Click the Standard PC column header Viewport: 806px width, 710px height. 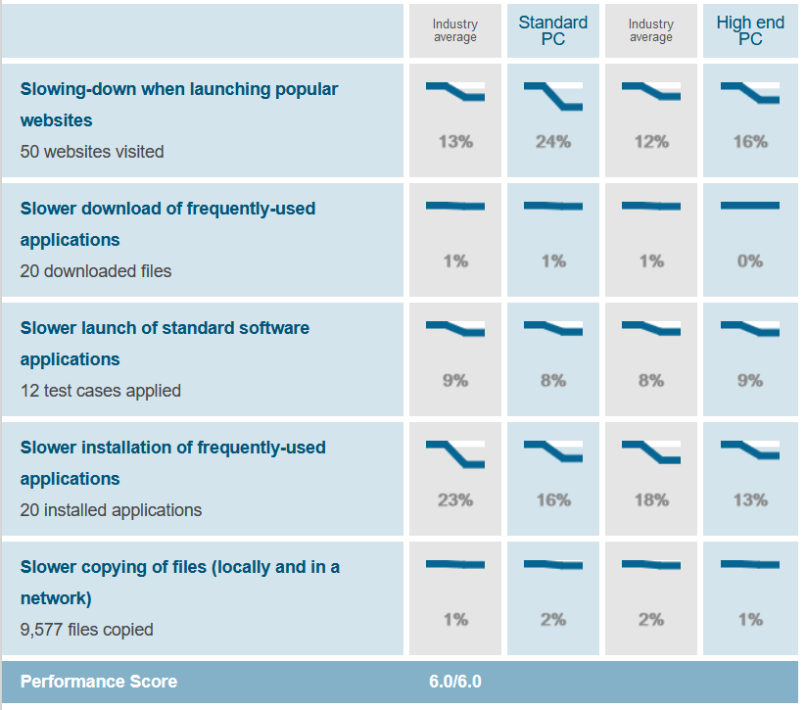(553, 30)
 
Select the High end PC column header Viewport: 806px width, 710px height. (749, 30)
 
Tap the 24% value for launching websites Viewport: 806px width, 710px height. (553, 142)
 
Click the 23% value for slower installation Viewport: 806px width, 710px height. (455, 500)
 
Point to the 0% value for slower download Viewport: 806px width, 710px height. (749, 261)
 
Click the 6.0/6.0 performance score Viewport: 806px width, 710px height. (455, 682)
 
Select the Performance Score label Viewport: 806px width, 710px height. (99, 682)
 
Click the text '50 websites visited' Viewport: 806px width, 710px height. (92, 152)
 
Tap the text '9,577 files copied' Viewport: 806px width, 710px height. (86, 630)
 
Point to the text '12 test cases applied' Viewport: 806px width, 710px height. (101, 391)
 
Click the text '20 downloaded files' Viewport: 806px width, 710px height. (96, 271)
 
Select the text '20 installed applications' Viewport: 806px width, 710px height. (111, 510)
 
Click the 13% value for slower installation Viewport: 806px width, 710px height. (749, 500)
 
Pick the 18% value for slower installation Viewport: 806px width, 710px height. (651, 500)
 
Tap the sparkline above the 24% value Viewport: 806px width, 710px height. (553, 96)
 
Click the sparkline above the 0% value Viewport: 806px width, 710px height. (749, 206)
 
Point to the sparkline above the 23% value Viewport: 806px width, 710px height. (455, 454)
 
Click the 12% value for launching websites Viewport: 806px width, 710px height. (651, 142)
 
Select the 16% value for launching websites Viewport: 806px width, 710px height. (749, 142)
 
